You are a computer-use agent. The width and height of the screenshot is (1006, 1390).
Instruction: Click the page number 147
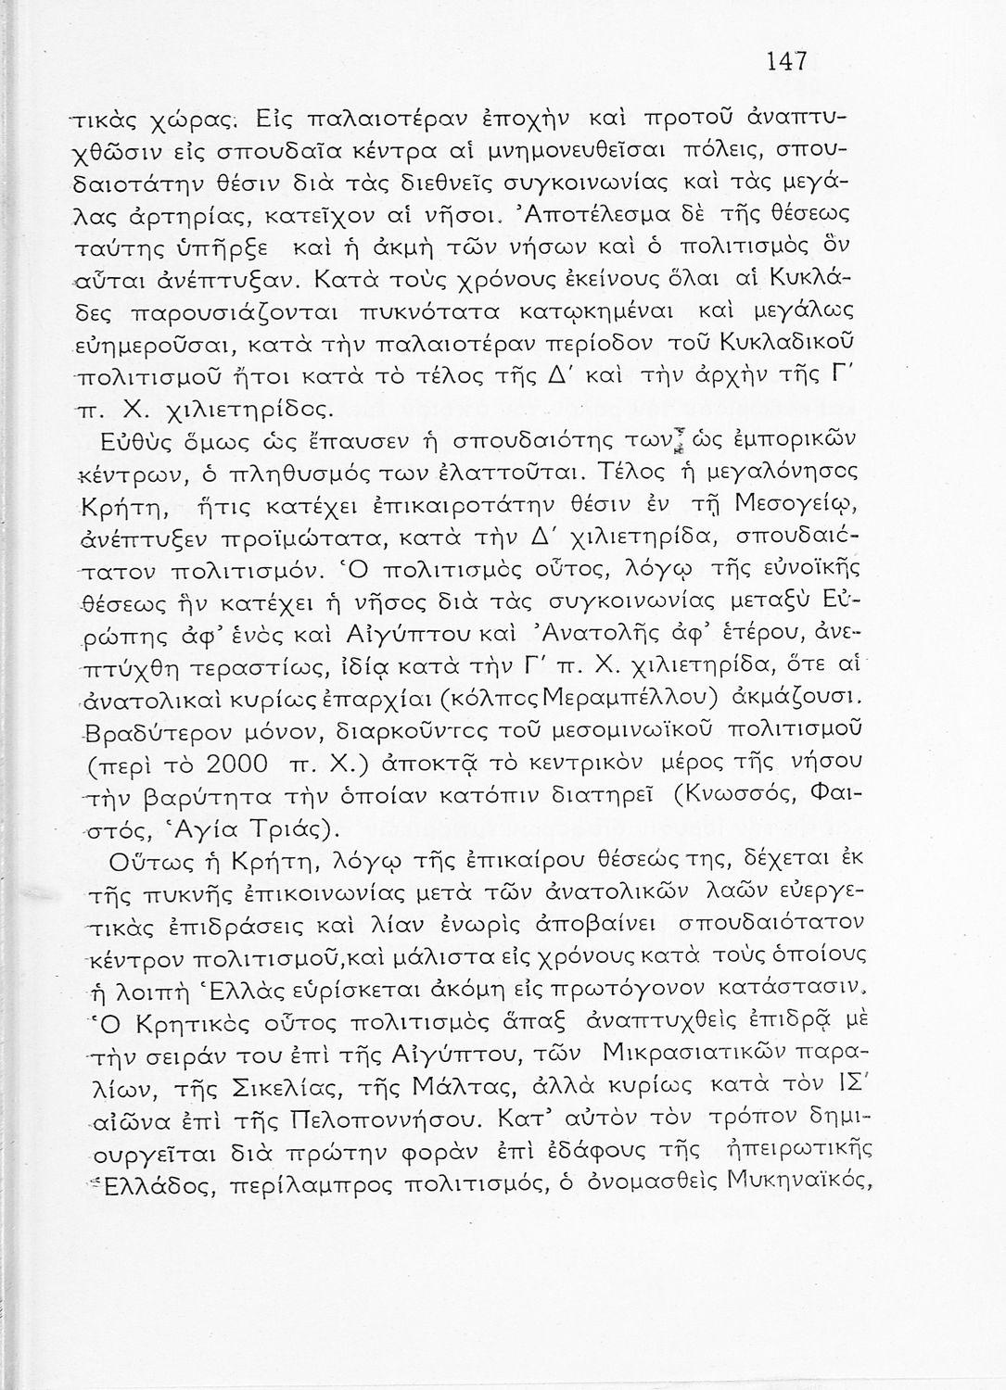tap(788, 63)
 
